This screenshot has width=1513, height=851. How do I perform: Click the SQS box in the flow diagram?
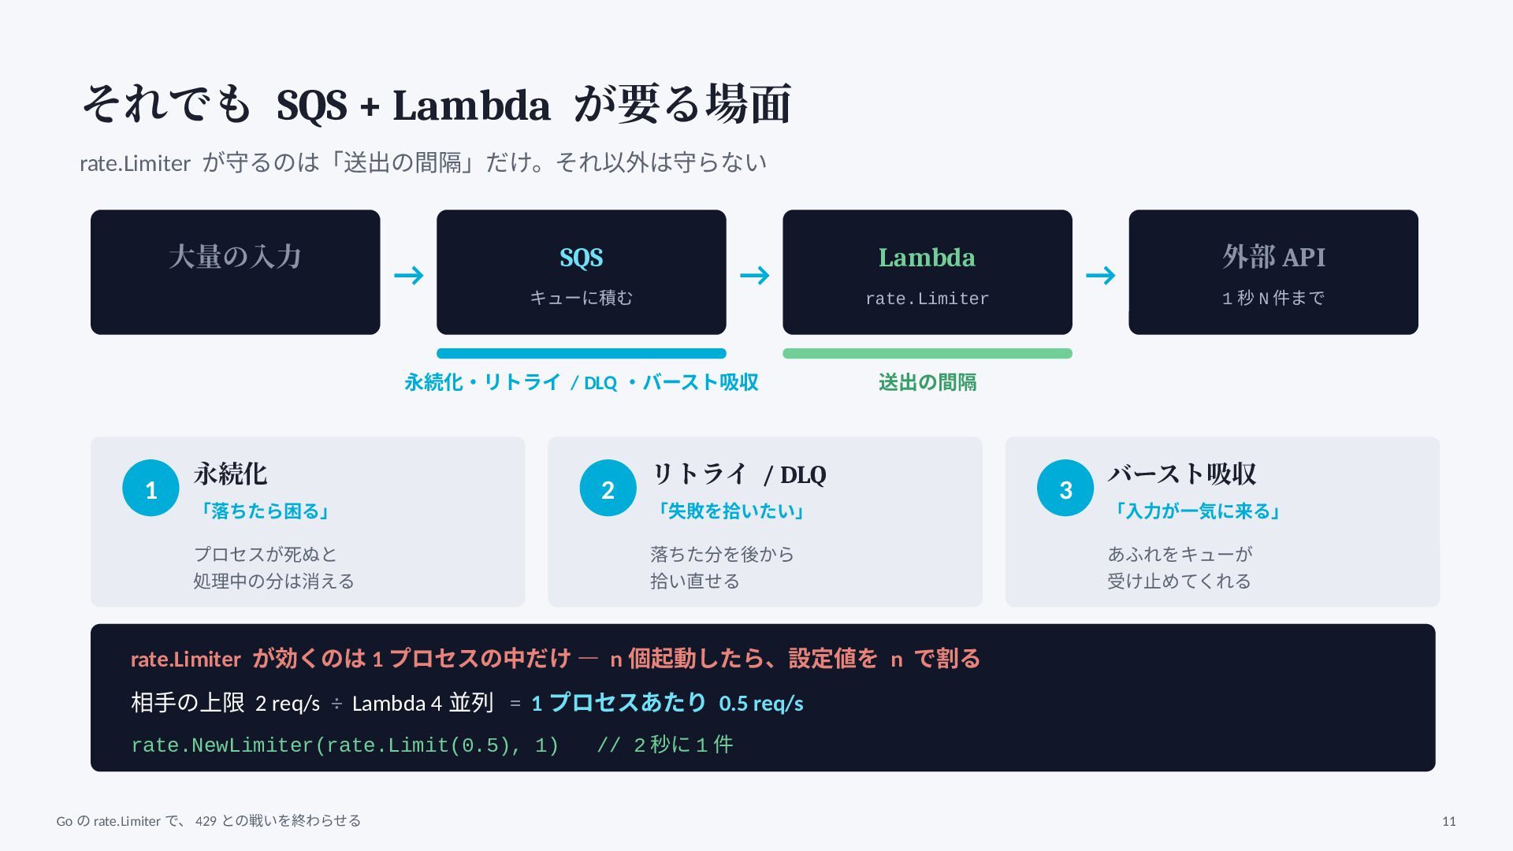click(582, 272)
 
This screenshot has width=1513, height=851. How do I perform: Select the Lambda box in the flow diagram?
click(928, 272)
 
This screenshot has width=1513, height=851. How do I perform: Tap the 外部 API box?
click(1273, 272)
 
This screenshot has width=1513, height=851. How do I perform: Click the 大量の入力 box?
click(236, 272)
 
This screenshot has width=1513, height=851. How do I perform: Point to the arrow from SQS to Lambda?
click(755, 275)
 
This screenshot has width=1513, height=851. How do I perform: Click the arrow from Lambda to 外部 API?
click(1101, 275)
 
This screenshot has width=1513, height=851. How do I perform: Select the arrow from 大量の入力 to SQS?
click(409, 275)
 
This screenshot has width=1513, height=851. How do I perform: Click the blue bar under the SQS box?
click(582, 354)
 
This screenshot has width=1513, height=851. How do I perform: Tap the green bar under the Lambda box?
click(928, 354)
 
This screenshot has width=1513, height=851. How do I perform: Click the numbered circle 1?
click(151, 489)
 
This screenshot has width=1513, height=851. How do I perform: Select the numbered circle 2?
click(608, 489)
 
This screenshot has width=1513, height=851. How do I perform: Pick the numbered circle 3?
click(1065, 489)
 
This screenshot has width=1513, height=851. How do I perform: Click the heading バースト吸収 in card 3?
click(1182, 474)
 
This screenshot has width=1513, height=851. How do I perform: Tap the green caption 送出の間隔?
click(928, 382)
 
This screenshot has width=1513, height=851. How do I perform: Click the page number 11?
click(1449, 821)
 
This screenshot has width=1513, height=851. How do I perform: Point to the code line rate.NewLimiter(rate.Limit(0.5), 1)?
click(345, 745)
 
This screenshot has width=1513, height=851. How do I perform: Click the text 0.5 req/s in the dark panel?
click(761, 703)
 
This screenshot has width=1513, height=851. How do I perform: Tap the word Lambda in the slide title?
click(471, 105)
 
